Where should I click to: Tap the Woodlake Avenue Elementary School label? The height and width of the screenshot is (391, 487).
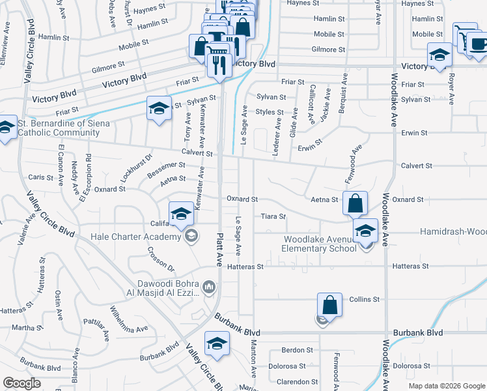point(319,244)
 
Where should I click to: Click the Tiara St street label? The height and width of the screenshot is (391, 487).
point(273,216)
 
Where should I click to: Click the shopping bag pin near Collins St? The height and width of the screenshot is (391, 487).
point(330,305)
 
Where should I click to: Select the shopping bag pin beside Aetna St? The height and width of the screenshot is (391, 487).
point(355,203)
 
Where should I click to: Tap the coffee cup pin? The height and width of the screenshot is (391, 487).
point(479,44)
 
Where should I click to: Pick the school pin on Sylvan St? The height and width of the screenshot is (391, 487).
point(158,109)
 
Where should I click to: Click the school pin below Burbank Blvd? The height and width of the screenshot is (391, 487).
point(217,344)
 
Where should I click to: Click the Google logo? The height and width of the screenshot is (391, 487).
point(22,383)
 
